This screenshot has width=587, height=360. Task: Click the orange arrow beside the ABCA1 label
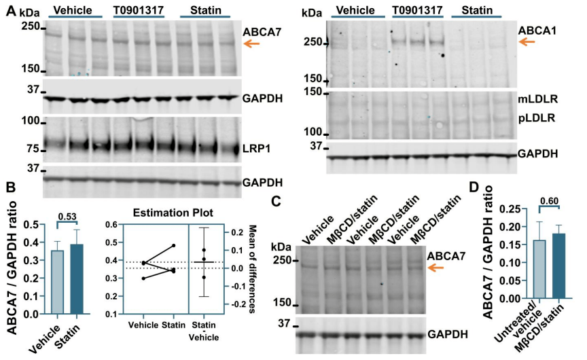point(526,43)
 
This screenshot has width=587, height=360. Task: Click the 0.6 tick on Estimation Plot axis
point(116,224)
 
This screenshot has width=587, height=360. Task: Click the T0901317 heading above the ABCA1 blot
point(416,12)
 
